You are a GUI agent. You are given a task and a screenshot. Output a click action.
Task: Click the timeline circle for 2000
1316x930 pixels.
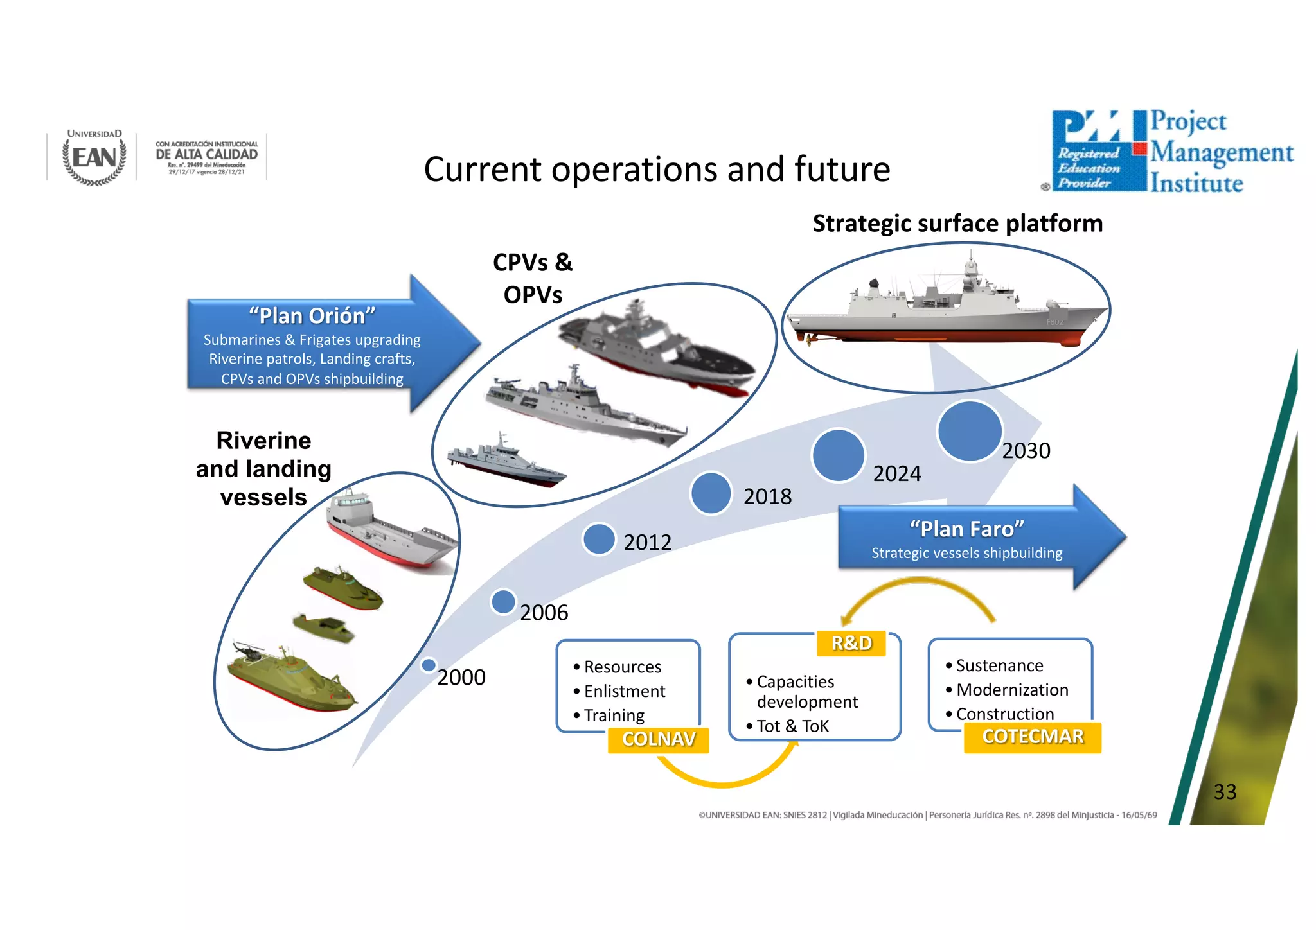click(429, 665)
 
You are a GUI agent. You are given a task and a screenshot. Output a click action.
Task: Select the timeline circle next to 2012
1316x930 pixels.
click(599, 539)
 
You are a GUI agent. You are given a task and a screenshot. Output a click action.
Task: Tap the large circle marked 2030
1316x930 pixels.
click(970, 431)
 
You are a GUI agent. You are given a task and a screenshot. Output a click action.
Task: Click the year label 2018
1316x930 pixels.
click(767, 496)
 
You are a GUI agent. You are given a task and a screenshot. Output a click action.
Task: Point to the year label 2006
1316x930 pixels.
click(544, 613)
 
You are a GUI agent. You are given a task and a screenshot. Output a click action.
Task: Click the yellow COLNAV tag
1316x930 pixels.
click(659, 739)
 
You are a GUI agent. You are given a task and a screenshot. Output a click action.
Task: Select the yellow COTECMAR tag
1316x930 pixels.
click(1033, 737)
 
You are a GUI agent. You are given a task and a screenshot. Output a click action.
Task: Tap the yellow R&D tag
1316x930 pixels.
click(851, 643)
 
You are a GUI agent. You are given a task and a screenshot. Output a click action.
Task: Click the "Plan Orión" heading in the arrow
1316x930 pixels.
click(312, 316)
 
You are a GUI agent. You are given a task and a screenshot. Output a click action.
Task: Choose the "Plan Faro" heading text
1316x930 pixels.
click(966, 529)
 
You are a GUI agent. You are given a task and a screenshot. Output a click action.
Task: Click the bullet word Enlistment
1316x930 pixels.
click(625, 691)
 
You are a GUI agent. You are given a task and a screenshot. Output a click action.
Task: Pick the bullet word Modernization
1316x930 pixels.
click(1012, 690)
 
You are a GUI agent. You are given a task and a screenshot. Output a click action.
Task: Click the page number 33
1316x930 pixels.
click(1225, 792)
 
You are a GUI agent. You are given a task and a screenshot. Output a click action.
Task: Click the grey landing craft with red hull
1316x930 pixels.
click(391, 530)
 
